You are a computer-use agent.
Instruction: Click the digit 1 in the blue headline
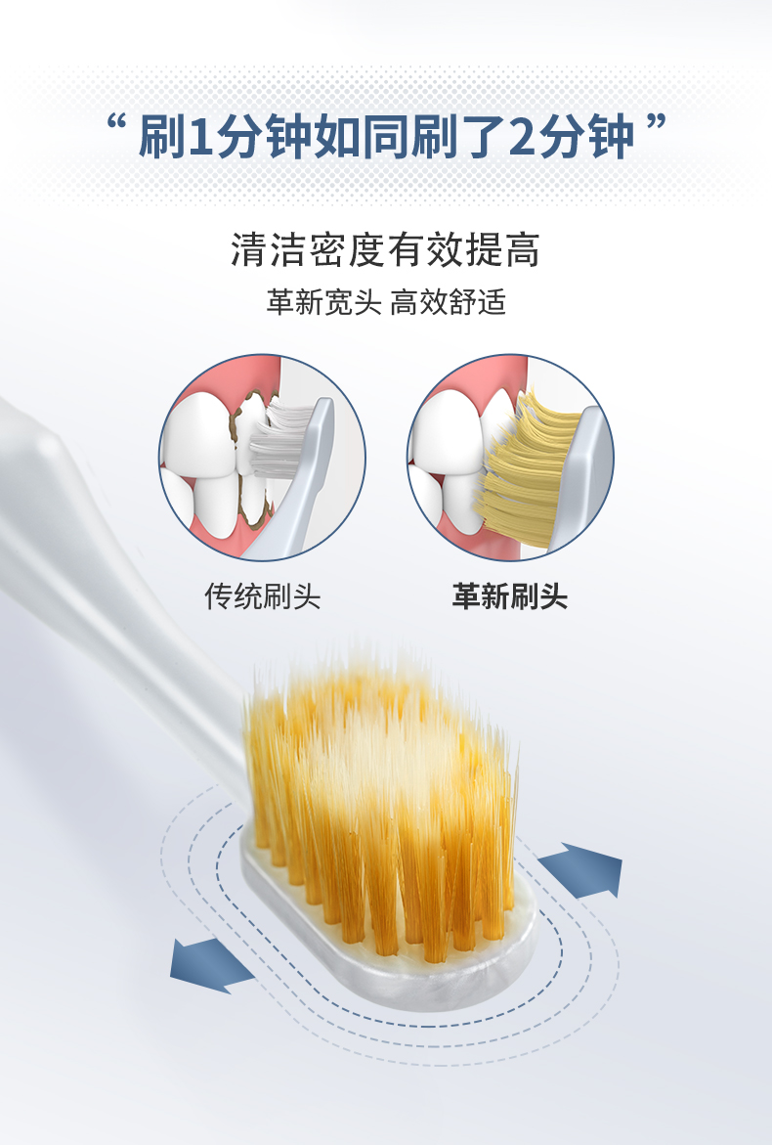pos(199,137)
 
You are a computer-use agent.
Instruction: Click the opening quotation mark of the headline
pos(116,122)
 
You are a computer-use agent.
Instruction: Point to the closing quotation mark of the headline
pos(656,122)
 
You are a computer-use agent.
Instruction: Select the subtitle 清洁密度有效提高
pos(385,249)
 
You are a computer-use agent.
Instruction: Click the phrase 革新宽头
pos(324,301)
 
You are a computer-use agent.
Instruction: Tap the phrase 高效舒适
pos(448,301)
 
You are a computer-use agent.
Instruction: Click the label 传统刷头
pos(263,595)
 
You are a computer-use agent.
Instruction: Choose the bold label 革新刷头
pos(509,595)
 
